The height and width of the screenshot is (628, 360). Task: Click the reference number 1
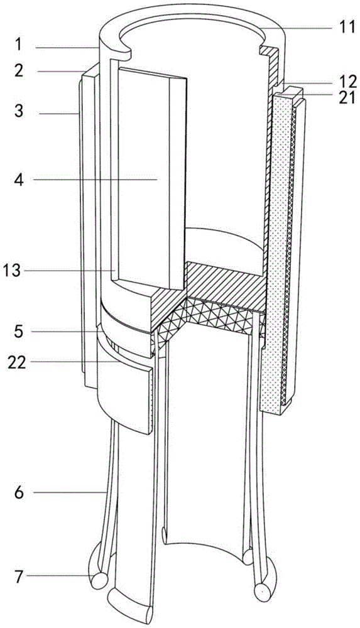[x=18, y=45]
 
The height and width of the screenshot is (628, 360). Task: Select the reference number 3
[x=18, y=111]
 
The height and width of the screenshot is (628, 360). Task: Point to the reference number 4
[x=18, y=180]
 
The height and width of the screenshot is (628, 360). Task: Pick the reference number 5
[x=18, y=331]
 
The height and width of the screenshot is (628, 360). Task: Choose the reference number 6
[x=18, y=492]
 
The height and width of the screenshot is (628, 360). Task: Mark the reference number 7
[x=18, y=577]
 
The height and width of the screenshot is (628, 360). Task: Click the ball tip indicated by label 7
[x=99, y=579]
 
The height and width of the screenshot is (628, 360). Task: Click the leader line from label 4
[x=95, y=180]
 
